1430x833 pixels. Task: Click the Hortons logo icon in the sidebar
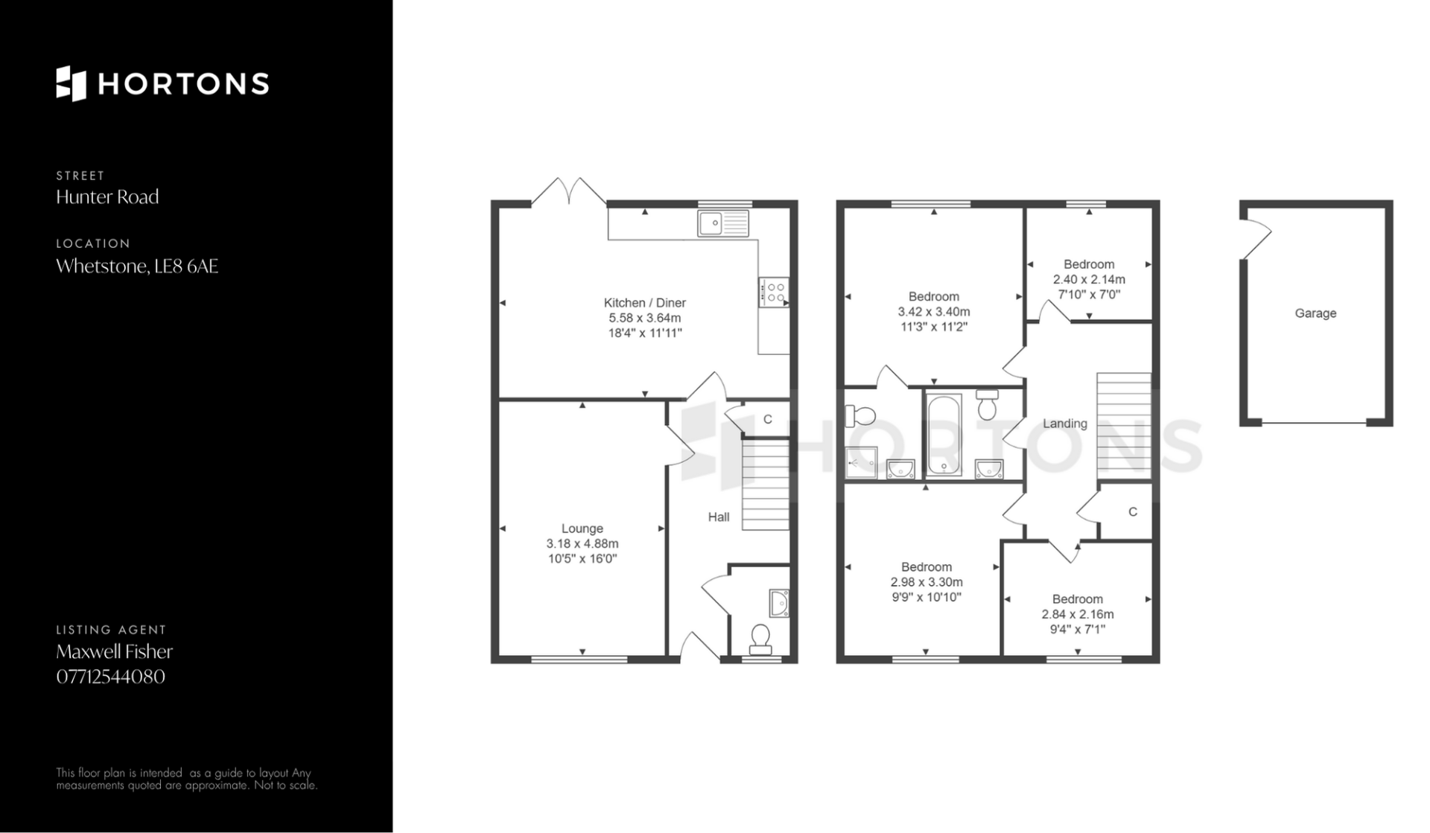71,83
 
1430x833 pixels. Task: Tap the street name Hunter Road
107,197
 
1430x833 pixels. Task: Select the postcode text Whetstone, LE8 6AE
137,267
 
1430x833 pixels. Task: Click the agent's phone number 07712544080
110,677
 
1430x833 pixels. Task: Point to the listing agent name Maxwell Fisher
114,651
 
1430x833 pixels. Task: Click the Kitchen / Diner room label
644,303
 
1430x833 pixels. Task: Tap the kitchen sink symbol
722,223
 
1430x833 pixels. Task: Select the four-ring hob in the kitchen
773,291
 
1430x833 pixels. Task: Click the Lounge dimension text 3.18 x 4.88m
582,544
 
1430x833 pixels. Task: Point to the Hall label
719,517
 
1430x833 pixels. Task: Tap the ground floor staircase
766,485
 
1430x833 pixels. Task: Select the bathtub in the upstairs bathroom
944,435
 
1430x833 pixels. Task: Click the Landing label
1065,424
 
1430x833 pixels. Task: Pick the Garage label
1315,313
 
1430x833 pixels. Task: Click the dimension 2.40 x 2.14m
1089,280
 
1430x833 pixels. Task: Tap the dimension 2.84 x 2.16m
1078,614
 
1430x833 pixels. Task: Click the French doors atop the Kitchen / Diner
568,191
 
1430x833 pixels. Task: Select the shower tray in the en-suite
861,463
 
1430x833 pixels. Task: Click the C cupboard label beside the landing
1133,512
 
